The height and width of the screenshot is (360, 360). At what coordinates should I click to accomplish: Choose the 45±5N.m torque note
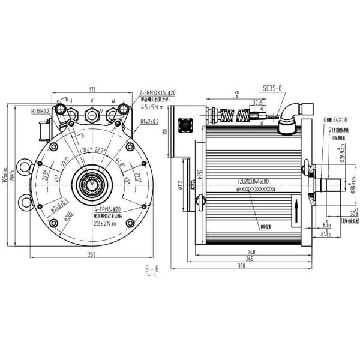click(x=153, y=107)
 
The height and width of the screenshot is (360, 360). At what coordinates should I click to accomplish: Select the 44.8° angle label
click(x=120, y=163)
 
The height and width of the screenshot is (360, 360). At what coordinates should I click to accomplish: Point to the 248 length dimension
click(x=248, y=251)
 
